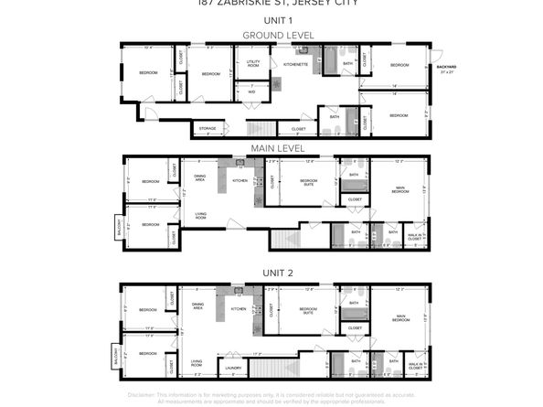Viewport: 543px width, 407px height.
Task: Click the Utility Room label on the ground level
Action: coord(253,64)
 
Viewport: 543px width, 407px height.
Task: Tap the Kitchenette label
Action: coord(294,64)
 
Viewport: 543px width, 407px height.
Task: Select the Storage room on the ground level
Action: coord(208,128)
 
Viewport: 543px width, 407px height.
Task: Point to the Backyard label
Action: coord(446,68)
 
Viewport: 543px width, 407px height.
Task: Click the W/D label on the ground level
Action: coord(251,91)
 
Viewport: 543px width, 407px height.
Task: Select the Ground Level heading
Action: coord(271,35)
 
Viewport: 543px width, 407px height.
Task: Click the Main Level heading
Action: coord(271,148)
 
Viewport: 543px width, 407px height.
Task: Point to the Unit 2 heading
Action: coord(271,273)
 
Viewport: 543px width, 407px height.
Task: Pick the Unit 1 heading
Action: coord(271,19)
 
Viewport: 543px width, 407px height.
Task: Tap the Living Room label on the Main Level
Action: coord(200,217)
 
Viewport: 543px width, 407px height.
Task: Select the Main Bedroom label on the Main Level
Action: coord(400,189)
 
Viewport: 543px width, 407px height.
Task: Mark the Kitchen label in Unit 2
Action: coord(239,309)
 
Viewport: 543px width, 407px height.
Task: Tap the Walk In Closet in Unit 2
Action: coord(415,365)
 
